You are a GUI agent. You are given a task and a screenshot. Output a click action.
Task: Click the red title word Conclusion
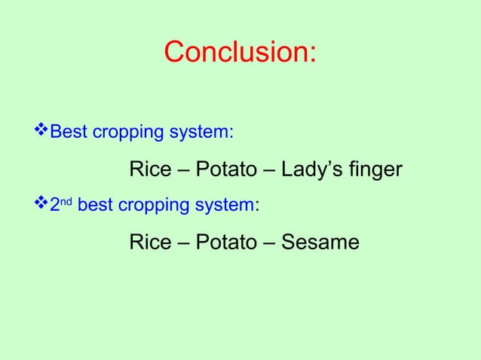pos(240,53)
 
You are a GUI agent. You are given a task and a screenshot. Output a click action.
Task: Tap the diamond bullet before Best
pos(41,132)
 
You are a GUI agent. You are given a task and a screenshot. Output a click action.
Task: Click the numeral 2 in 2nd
pos(54,205)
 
